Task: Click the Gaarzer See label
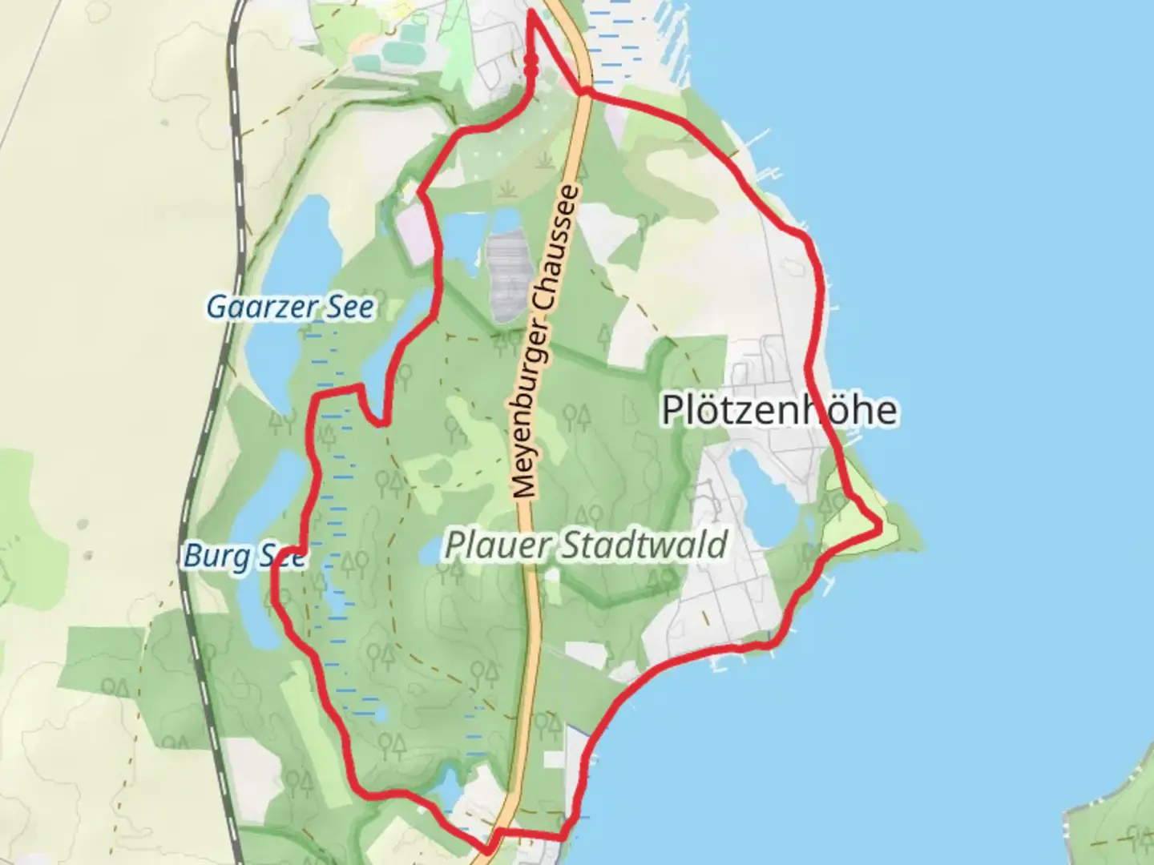(290, 307)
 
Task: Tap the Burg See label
(244, 555)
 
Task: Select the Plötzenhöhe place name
(779, 410)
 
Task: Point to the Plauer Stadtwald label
(585, 545)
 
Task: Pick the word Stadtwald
(644, 545)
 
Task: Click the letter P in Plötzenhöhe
(672, 410)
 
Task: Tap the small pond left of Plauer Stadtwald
(430, 549)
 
